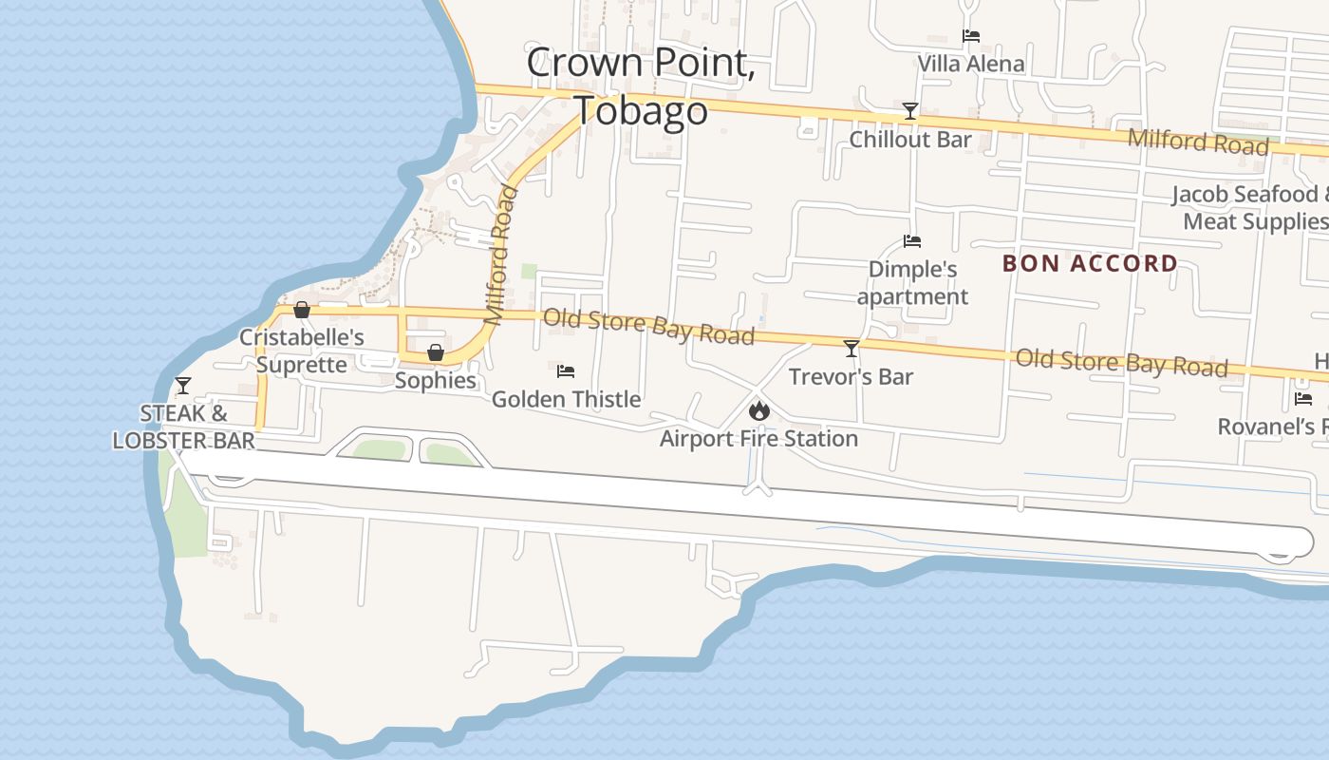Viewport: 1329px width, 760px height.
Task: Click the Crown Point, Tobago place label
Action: click(x=642, y=86)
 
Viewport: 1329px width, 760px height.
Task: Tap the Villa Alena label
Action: click(x=970, y=64)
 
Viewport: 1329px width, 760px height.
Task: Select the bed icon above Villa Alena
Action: click(x=970, y=36)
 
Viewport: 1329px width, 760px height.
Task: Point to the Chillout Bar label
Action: click(x=909, y=140)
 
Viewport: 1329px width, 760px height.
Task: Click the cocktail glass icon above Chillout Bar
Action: click(x=909, y=111)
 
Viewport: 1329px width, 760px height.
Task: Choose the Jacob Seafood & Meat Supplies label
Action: click(x=1252, y=208)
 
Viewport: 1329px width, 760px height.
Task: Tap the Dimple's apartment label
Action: click(x=912, y=283)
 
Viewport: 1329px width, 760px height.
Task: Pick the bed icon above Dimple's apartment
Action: click(x=912, y=241)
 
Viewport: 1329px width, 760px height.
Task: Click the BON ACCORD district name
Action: click(x=1090, y=263)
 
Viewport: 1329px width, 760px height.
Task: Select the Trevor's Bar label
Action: click(x=851, y=376)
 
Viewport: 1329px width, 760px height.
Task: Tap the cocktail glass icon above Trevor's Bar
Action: click(x=851, y=348)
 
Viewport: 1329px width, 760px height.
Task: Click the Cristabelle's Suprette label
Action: click(x=301, y=351)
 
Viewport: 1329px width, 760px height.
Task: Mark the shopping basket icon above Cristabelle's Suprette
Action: click(x=302, y=310)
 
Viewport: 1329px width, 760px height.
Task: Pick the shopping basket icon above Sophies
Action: click(x=435, y=352)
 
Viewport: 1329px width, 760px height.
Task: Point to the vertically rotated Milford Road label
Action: click(x=502, y=256)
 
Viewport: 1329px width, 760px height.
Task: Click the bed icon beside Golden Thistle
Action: click(x=566, y=370)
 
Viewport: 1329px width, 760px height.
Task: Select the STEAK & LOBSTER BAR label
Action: click(x=184, y=427)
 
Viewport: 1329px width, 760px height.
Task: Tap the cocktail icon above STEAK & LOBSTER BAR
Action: click(x=182, y=385)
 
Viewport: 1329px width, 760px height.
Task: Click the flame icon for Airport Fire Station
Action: click(x=758, y=411)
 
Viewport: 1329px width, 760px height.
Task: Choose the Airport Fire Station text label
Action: click(x=758, y=439)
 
